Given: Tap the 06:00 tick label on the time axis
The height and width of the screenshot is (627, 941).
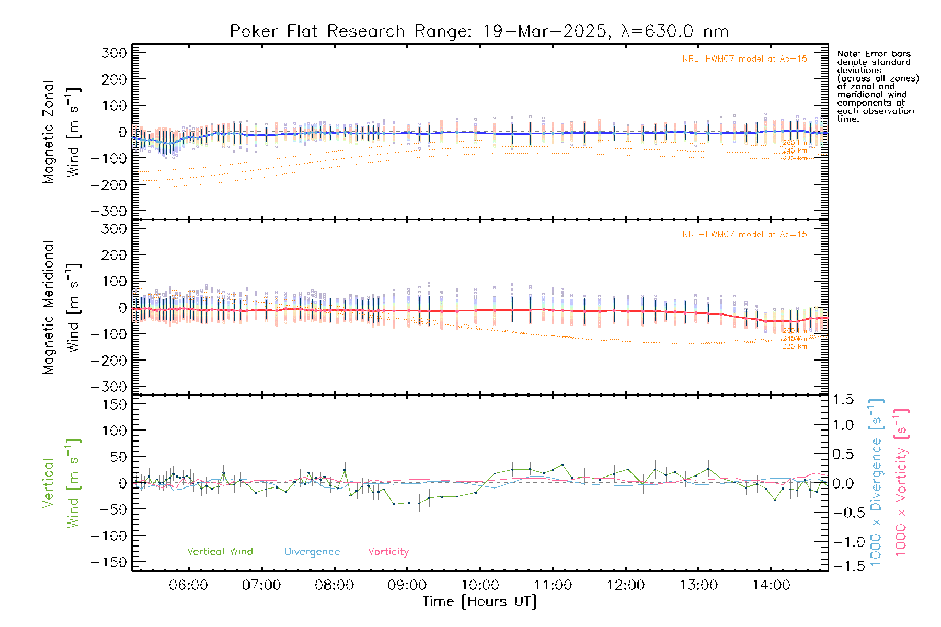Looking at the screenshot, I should [x=188, y=585].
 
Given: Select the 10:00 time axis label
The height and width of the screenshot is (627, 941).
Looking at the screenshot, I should [x=480, y=585].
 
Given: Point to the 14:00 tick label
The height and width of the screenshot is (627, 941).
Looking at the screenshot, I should [x=771, y=585].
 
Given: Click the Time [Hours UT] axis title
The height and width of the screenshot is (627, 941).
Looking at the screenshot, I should [x=479, y=601].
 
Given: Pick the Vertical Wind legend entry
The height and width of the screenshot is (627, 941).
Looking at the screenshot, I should [x=220, y=551].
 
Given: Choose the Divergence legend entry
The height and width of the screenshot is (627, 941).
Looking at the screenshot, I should [x=312, y=552].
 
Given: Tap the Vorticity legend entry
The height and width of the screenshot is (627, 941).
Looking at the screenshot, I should [x=388, y=551].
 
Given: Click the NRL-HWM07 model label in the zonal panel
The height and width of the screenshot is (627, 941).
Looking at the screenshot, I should [x=744, y=59].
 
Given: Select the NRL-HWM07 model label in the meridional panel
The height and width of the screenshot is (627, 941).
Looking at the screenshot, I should [x=744, y=235].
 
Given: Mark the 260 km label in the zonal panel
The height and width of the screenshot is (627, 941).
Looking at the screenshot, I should [x=795, y=143].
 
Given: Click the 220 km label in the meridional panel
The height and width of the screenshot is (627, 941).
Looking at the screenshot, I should [x=795, y=346].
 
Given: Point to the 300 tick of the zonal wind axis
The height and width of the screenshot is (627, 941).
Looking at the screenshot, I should [x=114, y=53].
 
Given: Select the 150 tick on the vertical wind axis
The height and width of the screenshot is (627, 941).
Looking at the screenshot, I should [x=114, y=404].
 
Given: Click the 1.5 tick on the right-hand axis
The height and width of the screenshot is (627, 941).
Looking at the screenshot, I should [x=843, y=400].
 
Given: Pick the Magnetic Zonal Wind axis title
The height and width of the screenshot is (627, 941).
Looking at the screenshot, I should [x=62, y=132].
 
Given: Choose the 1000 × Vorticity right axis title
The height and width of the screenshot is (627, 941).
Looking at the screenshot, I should [x=901, y=482].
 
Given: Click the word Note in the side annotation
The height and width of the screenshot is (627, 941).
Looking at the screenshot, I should [x=847, y=54].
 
